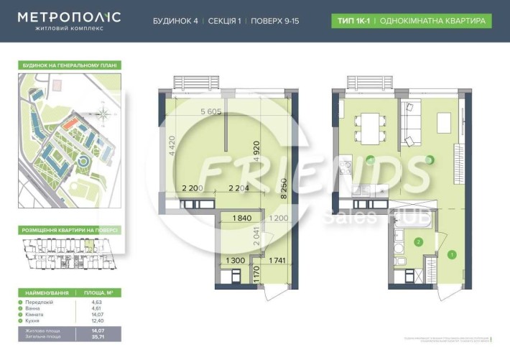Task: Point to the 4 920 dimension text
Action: tap(256, 154)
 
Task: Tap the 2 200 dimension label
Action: tap(193, 188)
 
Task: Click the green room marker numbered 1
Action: tap(452, 254)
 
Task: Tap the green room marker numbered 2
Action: tap(418, 242)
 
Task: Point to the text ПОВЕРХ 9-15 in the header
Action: tap(275, 21)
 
